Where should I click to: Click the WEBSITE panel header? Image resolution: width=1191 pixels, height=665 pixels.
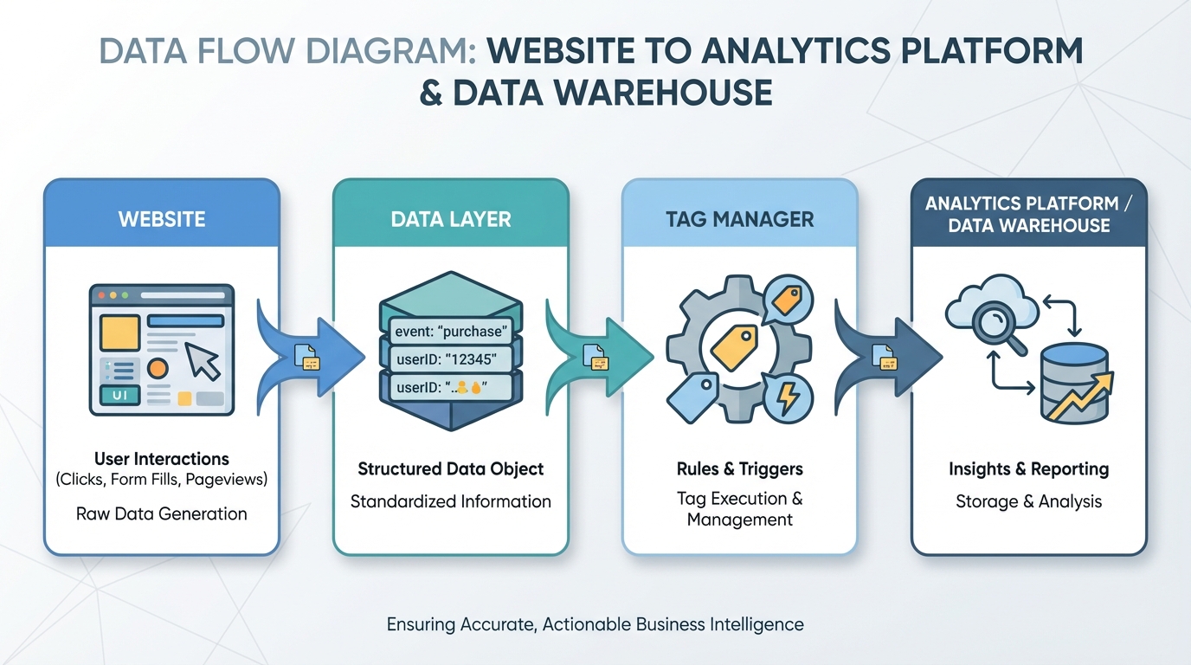162,218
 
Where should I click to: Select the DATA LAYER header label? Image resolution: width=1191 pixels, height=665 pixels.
451,218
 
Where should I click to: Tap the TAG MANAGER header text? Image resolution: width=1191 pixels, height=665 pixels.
740,218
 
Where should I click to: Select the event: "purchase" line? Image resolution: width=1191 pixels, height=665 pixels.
450,331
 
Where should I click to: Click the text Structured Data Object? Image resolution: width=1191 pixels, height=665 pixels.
451,469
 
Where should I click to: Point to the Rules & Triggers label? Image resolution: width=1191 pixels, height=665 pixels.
740,469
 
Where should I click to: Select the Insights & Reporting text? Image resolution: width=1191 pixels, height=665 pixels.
1028,469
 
